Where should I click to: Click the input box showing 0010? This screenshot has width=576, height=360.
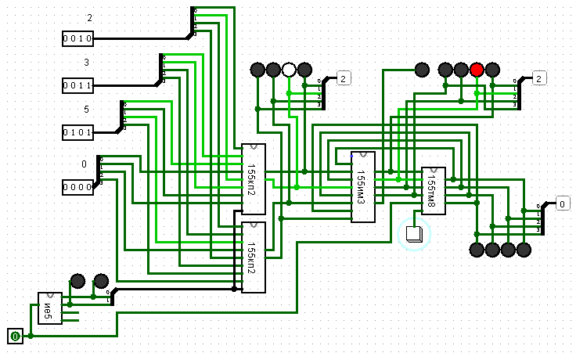(x=78, y=38)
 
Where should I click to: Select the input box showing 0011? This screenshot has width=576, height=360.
(x=78, y=85)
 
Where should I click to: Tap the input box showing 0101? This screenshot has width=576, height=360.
(x=78, y=132)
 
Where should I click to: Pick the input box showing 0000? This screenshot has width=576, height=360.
(x=78, y=187)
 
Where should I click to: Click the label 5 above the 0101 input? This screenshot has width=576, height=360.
(x=88, y=110)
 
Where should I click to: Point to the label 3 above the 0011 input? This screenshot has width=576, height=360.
(x=88, y=63)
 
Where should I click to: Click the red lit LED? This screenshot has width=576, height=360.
(x=477, y=70)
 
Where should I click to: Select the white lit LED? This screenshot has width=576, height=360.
(x=289, y=70)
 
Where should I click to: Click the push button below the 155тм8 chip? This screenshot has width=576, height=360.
(x=414, y=233)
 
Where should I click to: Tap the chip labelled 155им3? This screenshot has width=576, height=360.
(x=362, y=187)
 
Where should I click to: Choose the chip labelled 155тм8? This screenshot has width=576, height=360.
(x=433, y=189)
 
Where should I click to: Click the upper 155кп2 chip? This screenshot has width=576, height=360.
(x=253, y=178)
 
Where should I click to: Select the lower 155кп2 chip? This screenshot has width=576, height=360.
(x=253, y=257)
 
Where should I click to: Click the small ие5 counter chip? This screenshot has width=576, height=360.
(x=49, y=308)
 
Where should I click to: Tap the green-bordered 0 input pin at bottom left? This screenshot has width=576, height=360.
(x=15, y=337)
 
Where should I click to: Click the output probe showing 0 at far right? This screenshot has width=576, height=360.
(x=562, y=203)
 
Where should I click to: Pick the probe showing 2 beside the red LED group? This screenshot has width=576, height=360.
(x=540, y=77)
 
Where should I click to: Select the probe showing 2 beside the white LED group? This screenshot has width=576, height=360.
(x=344, y=77)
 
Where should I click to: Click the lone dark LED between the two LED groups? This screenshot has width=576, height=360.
(x=422, y=70)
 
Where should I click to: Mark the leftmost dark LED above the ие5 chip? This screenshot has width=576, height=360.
(x=77, y=281)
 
